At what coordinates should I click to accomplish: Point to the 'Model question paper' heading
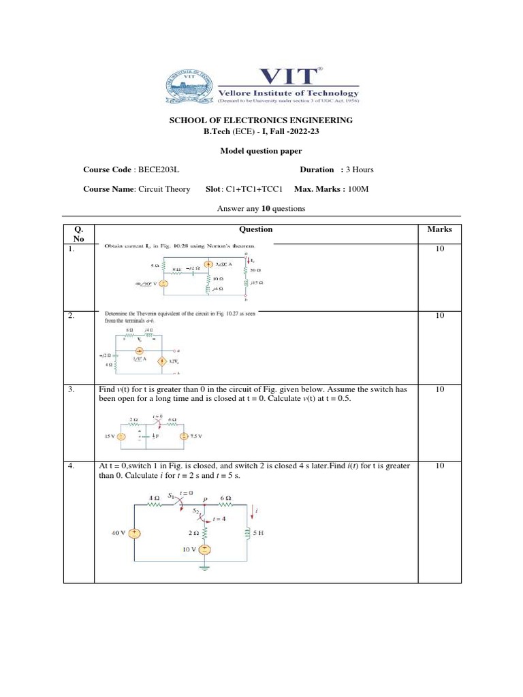tap(261, 150)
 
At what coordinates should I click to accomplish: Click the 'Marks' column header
tap(439, 229)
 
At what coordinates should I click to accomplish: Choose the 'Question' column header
tap(256, 229)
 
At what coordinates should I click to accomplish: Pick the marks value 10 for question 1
tap(439, 250)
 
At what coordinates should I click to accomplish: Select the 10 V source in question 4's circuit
tap(203, 549)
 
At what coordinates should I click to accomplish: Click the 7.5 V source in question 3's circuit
tap(183, 436)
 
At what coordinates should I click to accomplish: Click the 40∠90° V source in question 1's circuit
tap(163, 282)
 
